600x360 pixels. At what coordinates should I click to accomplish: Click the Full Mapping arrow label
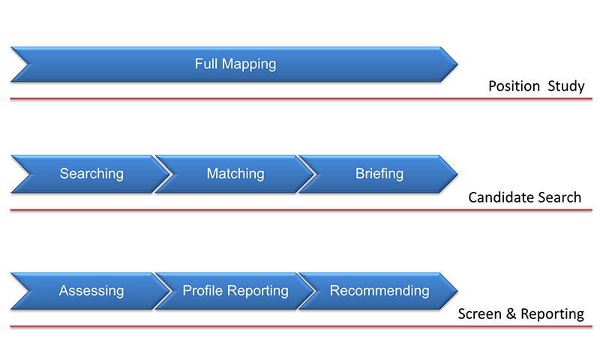(x=235, y=64)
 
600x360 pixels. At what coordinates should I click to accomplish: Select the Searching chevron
(x=91, y=174)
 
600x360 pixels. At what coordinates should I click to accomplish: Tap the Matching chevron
(x=235, y=174)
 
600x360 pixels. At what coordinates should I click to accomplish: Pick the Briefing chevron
(x=379, y=174)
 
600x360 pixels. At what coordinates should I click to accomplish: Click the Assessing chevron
(x=91, y=291)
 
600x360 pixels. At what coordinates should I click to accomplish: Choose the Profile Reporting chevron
(x=235, y=291)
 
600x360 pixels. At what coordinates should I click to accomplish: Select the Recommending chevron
(x=379, y=291)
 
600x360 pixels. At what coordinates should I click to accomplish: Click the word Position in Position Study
(x=514, y=86)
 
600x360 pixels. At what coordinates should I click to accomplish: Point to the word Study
(x=566, y=86)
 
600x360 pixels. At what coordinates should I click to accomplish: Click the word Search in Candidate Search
(x=559, y=197)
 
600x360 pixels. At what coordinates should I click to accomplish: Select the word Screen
(x=480, y=314)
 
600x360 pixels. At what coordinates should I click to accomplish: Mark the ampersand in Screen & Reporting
(x=511, y=314)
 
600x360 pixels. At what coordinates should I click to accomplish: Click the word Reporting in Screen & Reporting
(x=553, y=314)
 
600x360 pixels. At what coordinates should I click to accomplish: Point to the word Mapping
(x=249, y=64)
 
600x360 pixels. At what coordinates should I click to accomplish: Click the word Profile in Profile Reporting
(x=202, y=291)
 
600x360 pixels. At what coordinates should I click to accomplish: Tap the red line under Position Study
(x=301, y=99)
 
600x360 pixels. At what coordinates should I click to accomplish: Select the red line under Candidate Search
(x=301, y=210)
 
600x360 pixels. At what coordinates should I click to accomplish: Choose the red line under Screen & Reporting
(x=301, y=327)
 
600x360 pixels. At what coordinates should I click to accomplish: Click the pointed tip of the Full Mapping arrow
(x=457, y=64)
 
